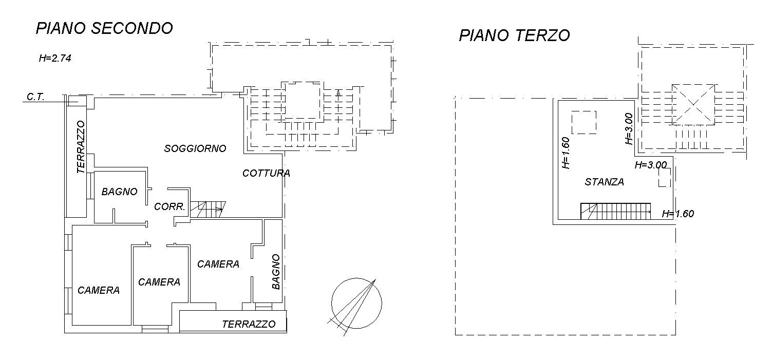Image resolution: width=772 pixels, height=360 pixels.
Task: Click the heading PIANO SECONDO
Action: tap(104, 28)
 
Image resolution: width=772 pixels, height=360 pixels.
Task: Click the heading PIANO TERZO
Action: tap(514, 35)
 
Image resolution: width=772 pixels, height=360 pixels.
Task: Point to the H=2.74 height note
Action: tap(54, 58)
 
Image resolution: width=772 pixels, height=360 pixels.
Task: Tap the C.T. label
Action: tap(36, 97)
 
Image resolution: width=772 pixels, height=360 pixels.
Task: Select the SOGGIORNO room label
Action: tap(195, 148)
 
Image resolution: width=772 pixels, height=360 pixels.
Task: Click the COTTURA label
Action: tap(266, 173)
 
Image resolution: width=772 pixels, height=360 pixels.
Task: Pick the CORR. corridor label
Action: tap(170, 207)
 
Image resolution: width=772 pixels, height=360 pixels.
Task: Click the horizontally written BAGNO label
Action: tap(119, 192)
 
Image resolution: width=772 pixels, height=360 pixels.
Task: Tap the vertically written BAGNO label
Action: tap(276, 271)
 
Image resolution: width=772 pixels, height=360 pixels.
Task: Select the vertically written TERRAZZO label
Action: tap(81, 147)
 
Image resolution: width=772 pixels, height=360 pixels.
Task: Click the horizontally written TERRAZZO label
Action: tap(249, 324)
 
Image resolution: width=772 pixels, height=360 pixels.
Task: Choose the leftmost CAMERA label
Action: tap(99, 290)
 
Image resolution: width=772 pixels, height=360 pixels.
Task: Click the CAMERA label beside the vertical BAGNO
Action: tap(218, 264)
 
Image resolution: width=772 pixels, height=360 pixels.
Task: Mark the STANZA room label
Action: tap(604, 182)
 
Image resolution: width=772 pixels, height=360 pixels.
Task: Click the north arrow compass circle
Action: tap(356, 302)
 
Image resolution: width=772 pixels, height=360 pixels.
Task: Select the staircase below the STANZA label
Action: tap(616, 211)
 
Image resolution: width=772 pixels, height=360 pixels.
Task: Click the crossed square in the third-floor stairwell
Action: tap(693, 105)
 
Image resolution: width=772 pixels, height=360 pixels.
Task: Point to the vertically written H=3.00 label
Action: tap(629, 129)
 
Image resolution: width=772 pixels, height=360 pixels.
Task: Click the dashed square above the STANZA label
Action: tap(584, 122)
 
